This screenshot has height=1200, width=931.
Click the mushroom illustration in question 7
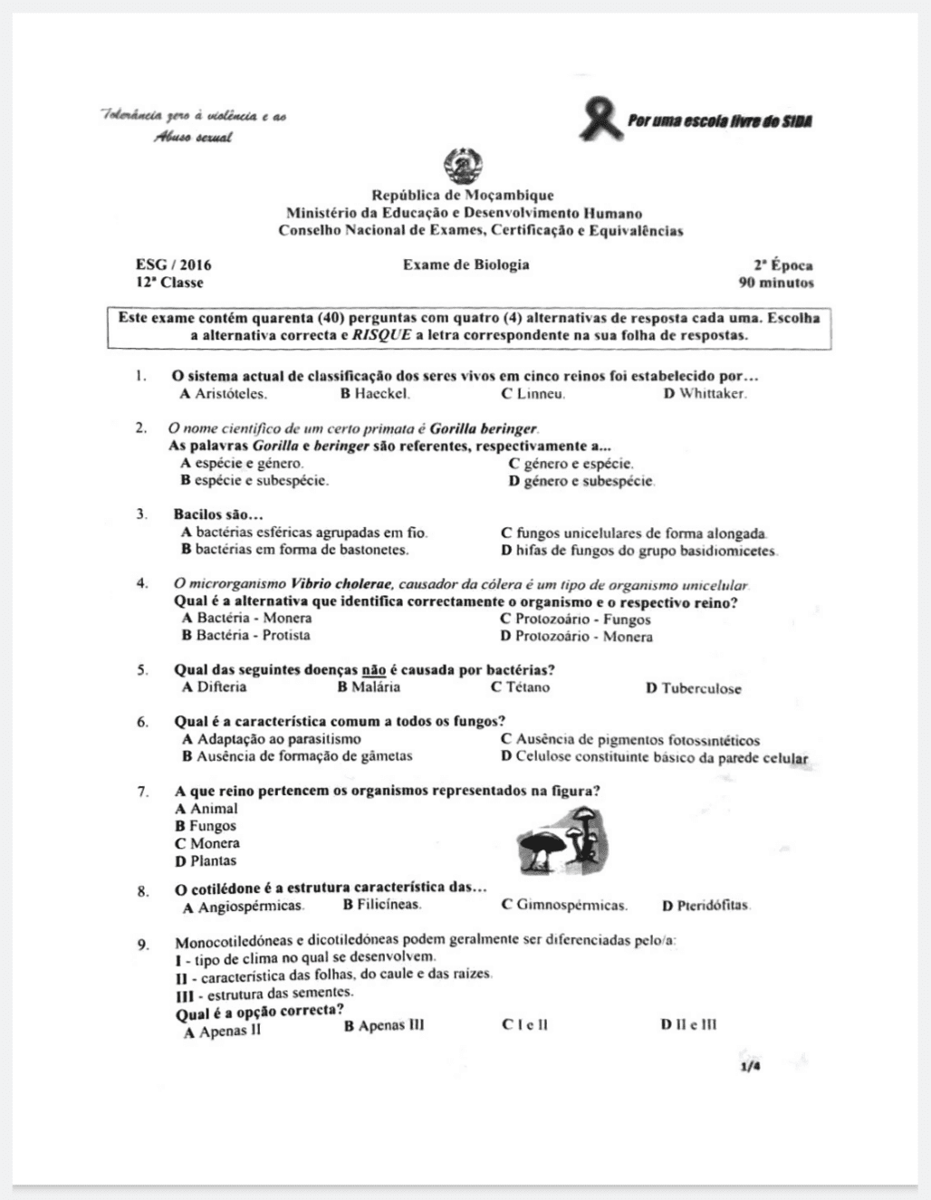tap(561, 841)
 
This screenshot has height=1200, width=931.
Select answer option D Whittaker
tap(705, 394)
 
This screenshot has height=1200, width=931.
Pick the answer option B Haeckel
tap(375, 394)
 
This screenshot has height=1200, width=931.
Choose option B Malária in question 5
tap(369, 687)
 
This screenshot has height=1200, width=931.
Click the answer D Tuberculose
tap(693, 688)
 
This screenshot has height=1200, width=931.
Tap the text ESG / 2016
tap(174, 265)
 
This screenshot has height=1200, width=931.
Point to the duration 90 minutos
tap(776, 283)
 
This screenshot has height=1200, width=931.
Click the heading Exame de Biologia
tap(466, 264)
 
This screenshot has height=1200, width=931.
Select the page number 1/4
tap(750, 1067)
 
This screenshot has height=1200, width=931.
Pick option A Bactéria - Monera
tap(246, 619)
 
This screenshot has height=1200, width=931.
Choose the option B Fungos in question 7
tap(206, 826)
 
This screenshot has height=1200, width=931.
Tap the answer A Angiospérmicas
tap(244, 907)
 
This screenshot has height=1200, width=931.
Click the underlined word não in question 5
tap(374, 670)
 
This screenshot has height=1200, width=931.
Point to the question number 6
tap(143, 722)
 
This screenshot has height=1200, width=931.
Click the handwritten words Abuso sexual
tap(192, 138)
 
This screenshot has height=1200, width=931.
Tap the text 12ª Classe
tap(169, 283)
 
